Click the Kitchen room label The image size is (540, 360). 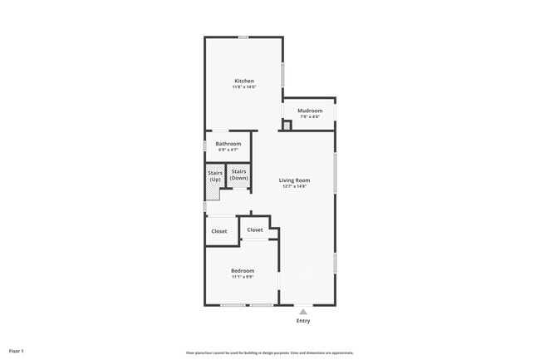pyautogui.click(x=243, y=81)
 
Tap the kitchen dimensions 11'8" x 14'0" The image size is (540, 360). pyautogui.click(x=243, y=86)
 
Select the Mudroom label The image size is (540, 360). pyautogui.click(x=310, y=111)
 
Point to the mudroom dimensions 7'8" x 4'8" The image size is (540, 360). pyautogui.click(x=310, y=116)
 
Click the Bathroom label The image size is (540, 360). pyautogui.click(x=228, y=144)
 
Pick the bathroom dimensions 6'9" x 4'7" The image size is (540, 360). pyautogui.click(x=228, y=150)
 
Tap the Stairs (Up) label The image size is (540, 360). pyautogui.click(x=215, y=175)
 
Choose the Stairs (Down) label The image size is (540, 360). pyautogui.click(x=239, y=175)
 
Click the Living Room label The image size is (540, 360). pyautogui.click(x=294, y=180)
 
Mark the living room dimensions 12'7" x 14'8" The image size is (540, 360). pyautogui.click(x=294, y=186)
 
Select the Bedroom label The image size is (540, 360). pyautogui.click(x=243, y=271)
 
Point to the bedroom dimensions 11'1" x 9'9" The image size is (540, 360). pyautogui.click(x=243, y=277)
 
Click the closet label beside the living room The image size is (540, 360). pyautogui.click(x=255, y=229)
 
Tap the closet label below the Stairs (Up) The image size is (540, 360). pyautogui.click(x=219, y=231)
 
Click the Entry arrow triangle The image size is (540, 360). pyautogui.click(x=303, y=311)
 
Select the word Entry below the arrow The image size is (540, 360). pyautogui.click(x=303, y=321)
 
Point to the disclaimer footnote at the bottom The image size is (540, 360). pyautogui.click(x=270, y=353)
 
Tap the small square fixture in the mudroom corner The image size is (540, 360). pyautogui.click(x=287, y=126)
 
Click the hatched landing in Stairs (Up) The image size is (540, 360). pyautogui.click(x=214, y=193)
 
